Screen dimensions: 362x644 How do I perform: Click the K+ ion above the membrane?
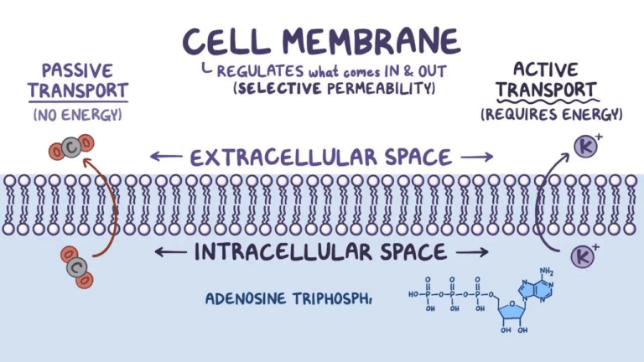point(585,146)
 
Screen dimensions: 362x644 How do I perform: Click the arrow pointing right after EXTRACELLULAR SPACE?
point(476,157)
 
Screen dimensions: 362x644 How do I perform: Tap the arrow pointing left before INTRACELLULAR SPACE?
point(170,251)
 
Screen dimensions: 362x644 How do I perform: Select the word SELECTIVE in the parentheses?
point(277,87)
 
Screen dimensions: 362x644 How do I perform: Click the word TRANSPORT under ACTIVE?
point(546,90)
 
